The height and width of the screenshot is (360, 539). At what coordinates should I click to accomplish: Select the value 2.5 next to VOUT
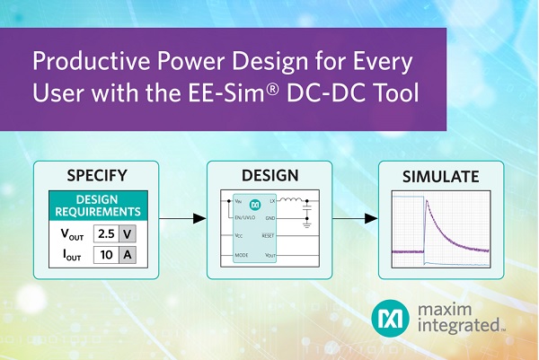click(106, 233)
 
